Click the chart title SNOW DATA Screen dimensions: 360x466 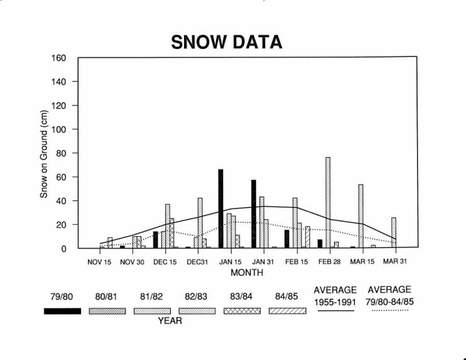[x=227, y=42]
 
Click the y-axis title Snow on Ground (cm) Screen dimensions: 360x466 [x=44, y=154]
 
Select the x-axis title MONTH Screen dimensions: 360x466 [x=247, y=273]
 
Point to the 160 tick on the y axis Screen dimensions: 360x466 [x=58, y=58]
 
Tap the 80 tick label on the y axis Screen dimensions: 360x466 [x=61, y=153]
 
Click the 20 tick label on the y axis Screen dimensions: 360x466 [x=61, y=225]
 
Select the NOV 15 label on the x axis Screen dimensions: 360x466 [x=99, y=261]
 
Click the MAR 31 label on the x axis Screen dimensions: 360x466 [x=395, y=261]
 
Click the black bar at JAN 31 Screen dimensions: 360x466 [x=254, y=214]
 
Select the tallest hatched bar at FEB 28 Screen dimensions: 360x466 [x=328, y=202]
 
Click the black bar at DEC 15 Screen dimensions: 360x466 [x=156, y=239]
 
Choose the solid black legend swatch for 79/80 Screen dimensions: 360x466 [x=62, y=311]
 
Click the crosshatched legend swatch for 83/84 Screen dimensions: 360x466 [x=242, y=311]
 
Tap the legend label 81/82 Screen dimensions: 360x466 [x=152, y=296]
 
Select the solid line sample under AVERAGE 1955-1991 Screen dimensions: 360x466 [x=335, y=308]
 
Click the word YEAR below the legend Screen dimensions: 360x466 [x=170, y=321]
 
